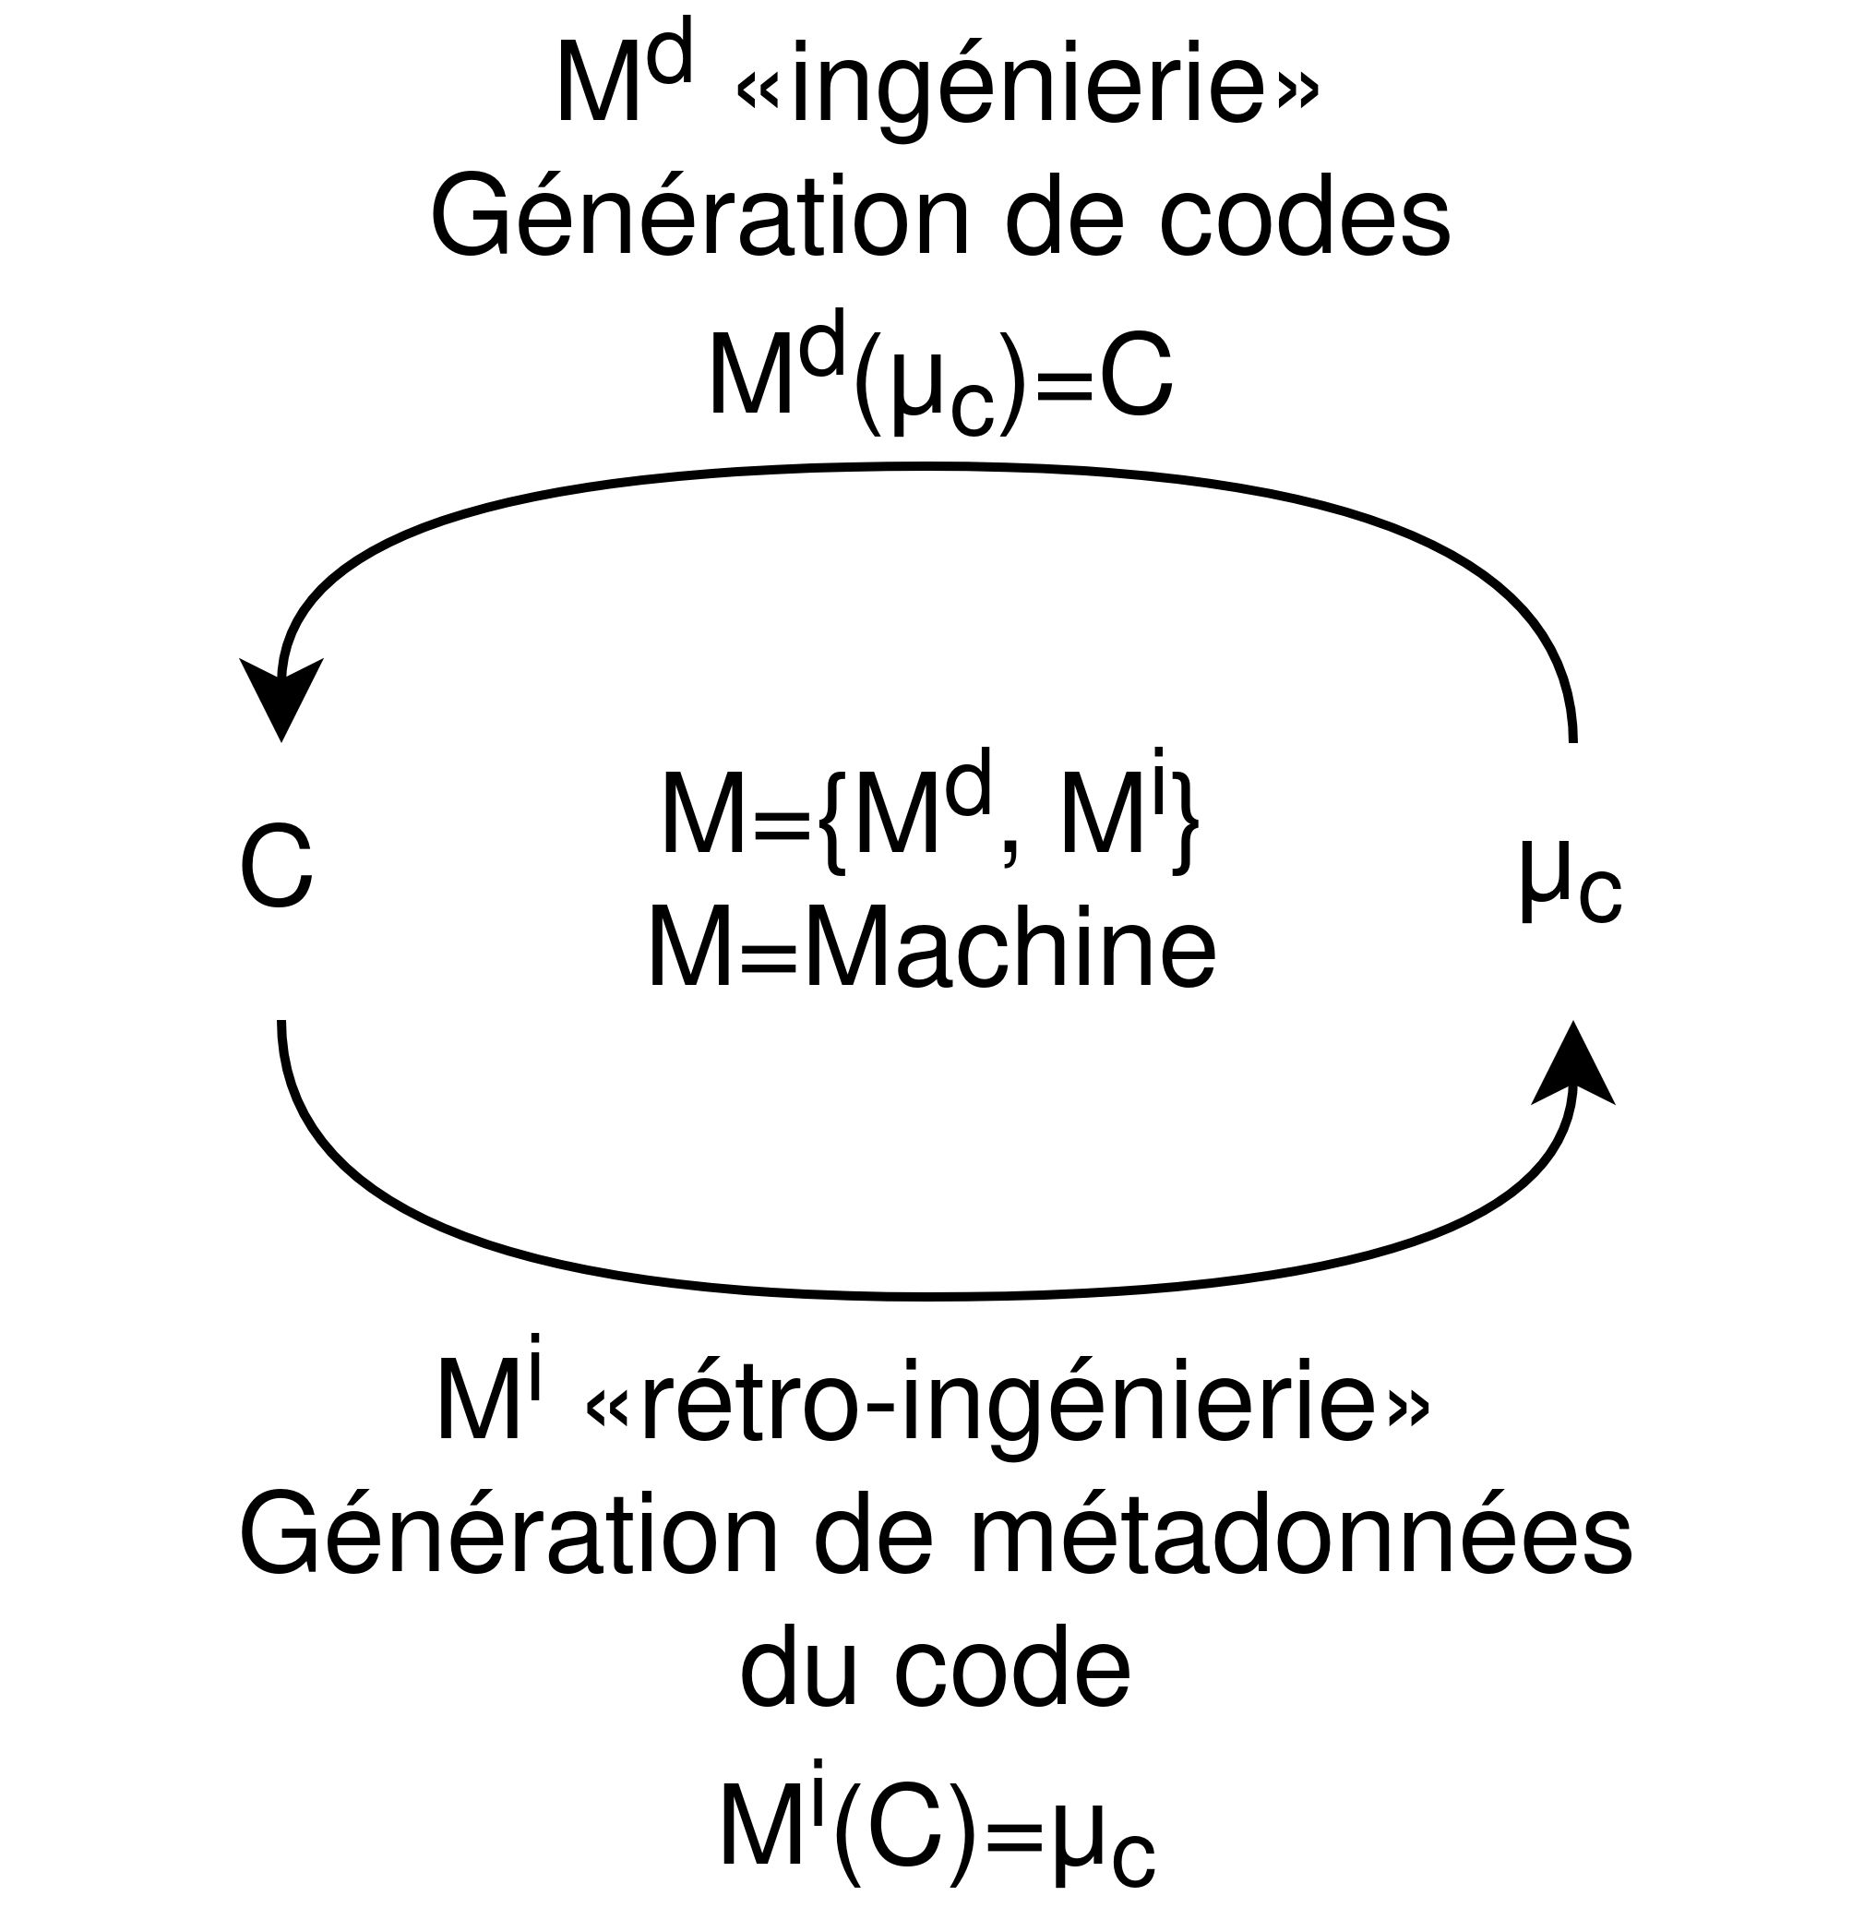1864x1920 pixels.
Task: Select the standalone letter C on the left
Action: coord(276,867)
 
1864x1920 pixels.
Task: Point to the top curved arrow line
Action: coord(930,468)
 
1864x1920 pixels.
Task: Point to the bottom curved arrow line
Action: coord(930,1295)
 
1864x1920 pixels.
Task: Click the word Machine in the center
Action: coord(1010,950)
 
